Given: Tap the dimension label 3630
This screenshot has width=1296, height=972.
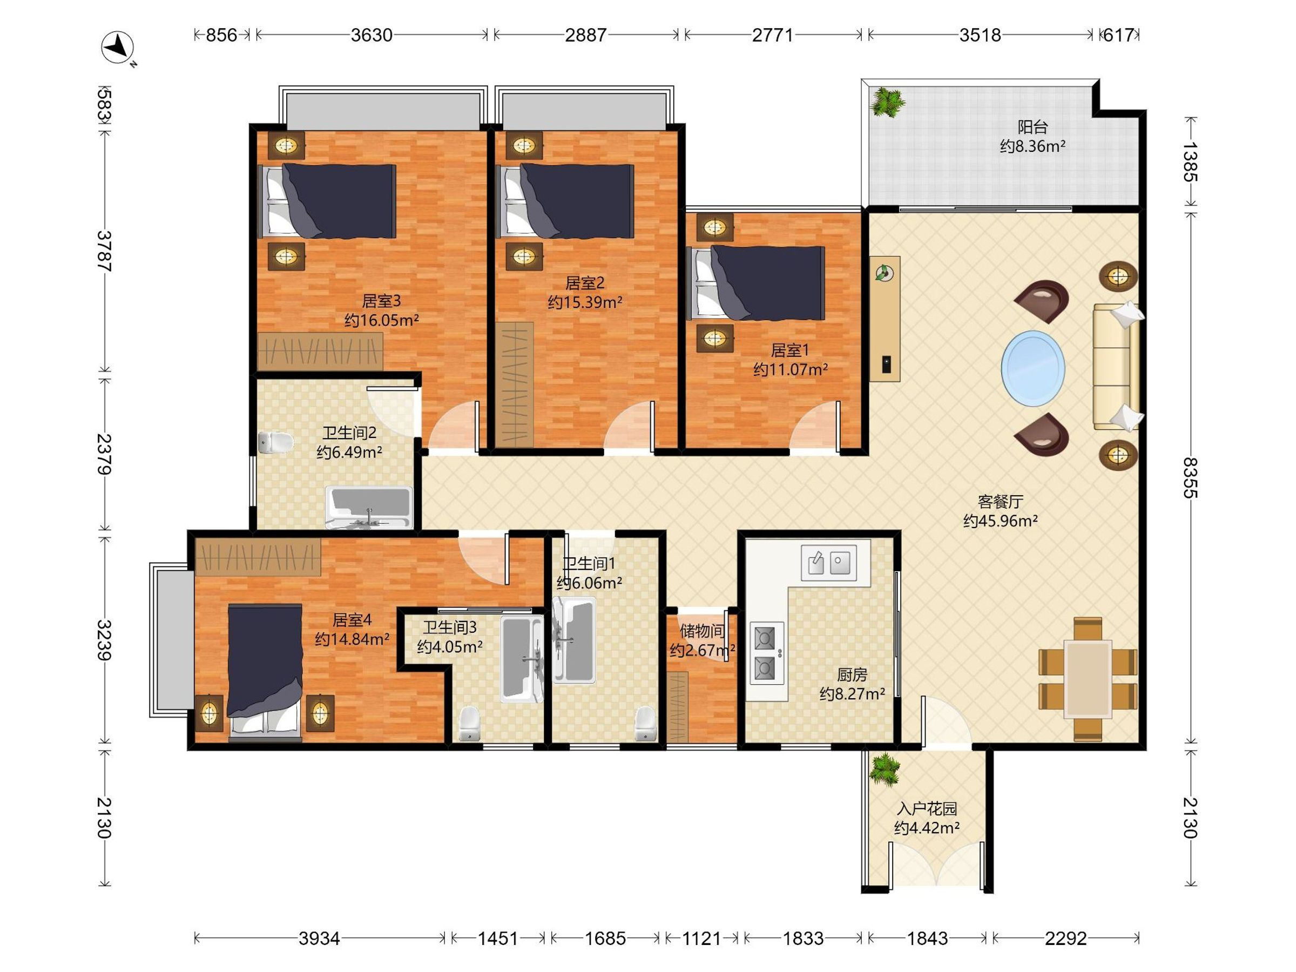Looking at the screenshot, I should pos(372,35).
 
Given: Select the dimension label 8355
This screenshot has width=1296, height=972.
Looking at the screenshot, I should pos(1190,477).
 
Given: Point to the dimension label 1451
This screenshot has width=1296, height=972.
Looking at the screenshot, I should pos(498,939).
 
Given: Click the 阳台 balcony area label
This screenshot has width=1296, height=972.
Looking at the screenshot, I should pos(1032,127).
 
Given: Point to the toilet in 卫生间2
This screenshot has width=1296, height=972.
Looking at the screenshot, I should pos(275,442).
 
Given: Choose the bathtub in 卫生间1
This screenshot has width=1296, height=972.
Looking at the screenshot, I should pos(575,640).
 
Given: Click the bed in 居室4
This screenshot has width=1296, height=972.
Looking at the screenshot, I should pos(265,668).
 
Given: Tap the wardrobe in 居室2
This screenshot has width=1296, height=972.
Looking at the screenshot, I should pos(515,384).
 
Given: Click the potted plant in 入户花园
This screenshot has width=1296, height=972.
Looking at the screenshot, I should pos(884,769).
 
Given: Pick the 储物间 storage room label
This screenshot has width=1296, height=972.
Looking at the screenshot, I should pos(702,631).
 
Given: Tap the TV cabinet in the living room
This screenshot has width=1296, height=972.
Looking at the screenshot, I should pos(885,319).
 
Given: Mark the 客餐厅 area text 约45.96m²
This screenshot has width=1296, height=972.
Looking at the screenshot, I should pos(1001,521).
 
